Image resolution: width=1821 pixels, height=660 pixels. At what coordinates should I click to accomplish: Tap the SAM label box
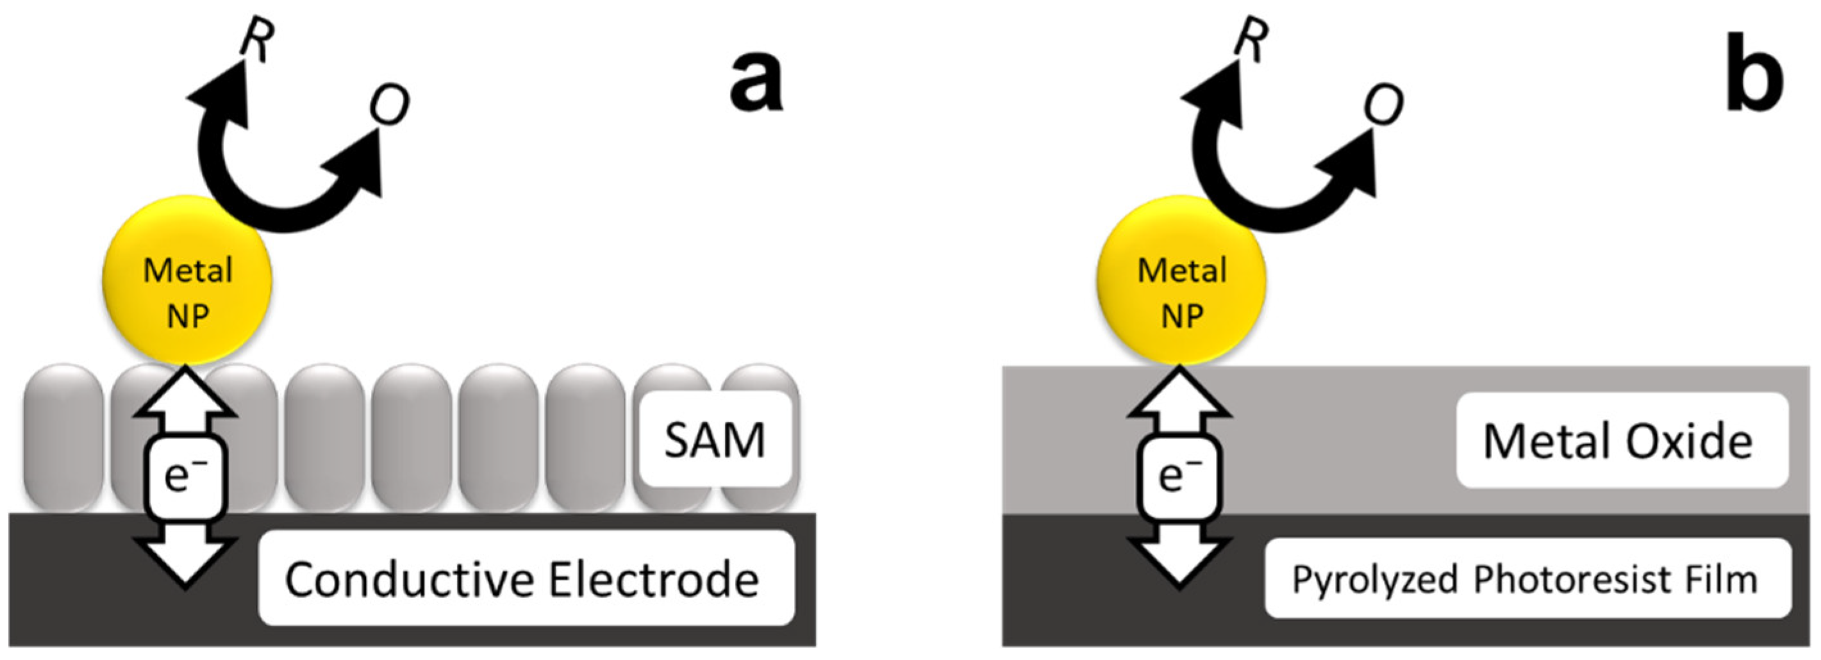click(714, 440)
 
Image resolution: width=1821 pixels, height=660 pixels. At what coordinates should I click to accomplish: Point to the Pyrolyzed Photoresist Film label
click(1527, 579)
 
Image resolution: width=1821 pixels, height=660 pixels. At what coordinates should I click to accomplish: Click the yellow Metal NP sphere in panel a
click(187, 280)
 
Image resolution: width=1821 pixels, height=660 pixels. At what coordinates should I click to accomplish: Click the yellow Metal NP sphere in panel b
click(1181, 280)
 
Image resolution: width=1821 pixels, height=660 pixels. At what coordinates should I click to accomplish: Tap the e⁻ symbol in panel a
click(185, 476)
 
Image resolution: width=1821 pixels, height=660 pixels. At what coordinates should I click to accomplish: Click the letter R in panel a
click(256, 41)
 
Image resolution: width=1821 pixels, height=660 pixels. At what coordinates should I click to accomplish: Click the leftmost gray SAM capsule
click(63, 438)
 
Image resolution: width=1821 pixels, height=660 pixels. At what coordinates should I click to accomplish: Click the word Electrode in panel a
click(653, 579)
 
